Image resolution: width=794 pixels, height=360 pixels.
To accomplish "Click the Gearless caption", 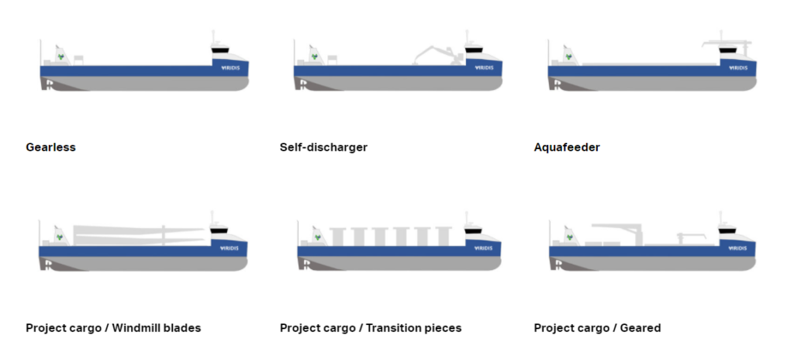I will (x=50, y=147).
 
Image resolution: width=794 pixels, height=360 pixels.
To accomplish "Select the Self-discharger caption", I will (x=323, y=147).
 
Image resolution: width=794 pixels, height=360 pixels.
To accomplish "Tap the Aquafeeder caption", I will (x=567, y=147).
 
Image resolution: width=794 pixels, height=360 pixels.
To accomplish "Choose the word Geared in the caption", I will (x=640, y=328).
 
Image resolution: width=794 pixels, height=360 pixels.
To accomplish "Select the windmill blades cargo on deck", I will (x=140, y=234).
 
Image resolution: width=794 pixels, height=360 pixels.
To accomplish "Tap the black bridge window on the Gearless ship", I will (x=220, y=51).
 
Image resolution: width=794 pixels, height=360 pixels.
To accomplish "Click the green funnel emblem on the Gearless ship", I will (x=60, y=57).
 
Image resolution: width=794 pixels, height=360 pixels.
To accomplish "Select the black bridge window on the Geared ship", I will (x=727, y=231).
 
